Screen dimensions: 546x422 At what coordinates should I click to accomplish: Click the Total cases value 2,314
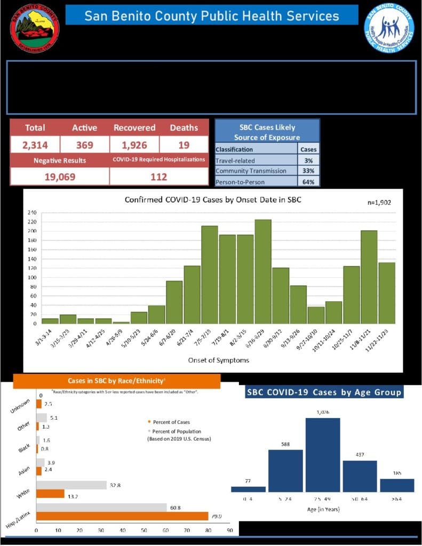point(35,145)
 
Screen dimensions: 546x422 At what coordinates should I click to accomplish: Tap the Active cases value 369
point(84,145)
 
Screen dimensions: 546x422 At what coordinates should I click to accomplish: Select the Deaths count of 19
point(184,145)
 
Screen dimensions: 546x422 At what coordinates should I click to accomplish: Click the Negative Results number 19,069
point(59,176)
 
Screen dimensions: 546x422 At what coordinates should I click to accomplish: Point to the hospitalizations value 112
point(158,176)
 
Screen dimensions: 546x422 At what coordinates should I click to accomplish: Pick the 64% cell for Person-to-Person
point(308,181)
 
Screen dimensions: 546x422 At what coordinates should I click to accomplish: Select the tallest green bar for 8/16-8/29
point(263,271)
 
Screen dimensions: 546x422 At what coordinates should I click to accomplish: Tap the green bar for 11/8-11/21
point(369,277)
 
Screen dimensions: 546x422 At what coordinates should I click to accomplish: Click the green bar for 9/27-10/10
point(316,315)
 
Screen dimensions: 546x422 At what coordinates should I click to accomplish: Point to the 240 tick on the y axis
point(33,213)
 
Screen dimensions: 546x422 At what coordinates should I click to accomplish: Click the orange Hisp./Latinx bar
point(122,516)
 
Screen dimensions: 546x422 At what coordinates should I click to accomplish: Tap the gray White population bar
point(71,485)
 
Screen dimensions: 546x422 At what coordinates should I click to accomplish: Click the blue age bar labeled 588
point(285,471)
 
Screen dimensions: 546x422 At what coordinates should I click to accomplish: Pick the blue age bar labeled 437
point(360,476)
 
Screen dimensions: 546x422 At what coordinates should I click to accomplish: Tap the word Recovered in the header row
point(134,128)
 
